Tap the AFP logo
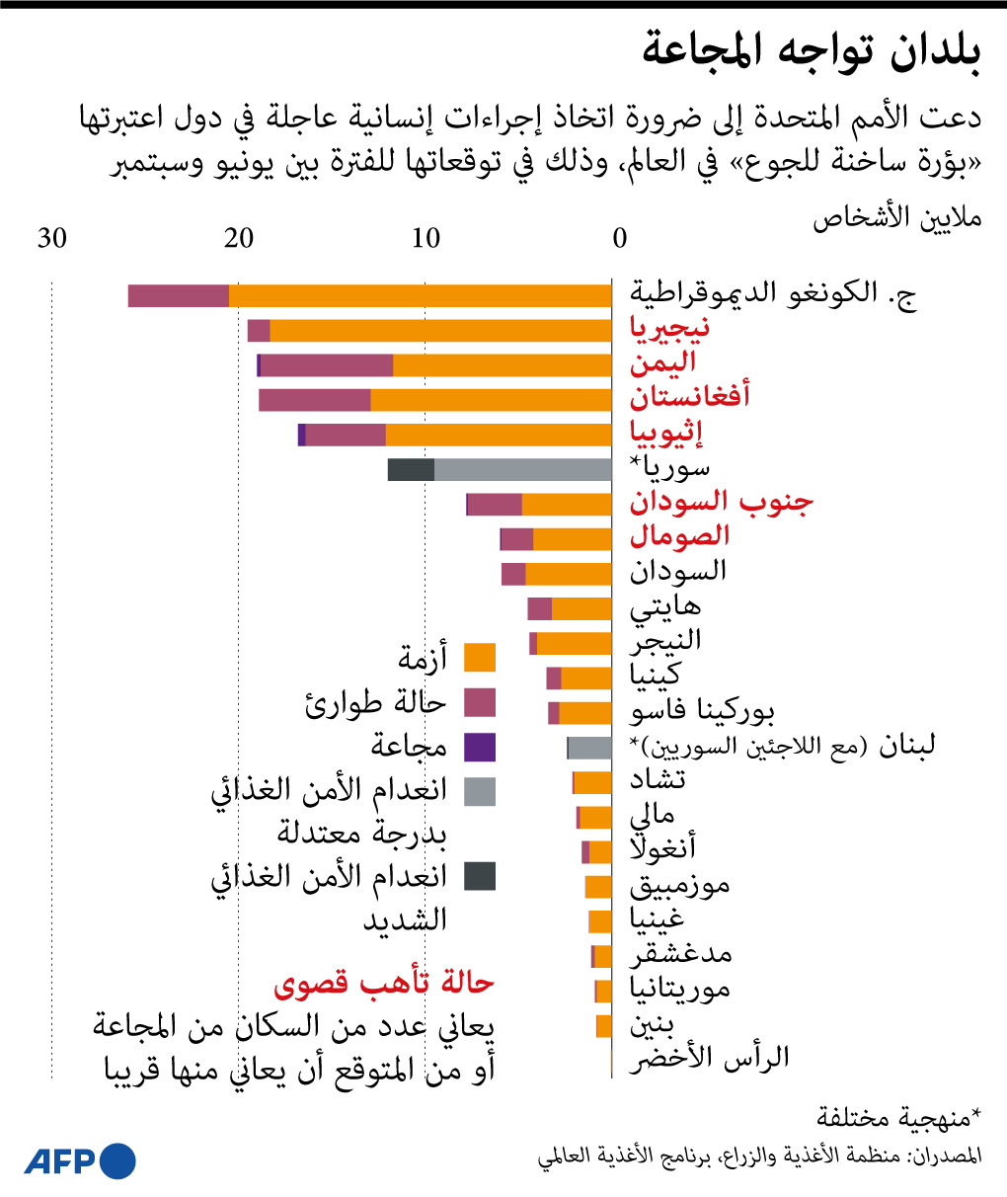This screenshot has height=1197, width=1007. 80,1161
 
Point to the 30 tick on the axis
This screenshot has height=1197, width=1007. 52,239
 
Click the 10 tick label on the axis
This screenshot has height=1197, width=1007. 426,239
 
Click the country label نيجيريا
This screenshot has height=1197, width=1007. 669,328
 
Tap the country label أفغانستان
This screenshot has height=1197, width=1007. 690,397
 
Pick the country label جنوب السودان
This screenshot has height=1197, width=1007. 722,502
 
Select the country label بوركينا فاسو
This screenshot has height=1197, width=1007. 702,711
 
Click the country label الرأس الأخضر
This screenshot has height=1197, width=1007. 710,1058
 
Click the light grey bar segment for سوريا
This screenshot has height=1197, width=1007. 522,470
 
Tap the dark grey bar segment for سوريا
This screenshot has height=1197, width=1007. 411,470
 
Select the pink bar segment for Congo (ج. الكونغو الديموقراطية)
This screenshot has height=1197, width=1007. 178,295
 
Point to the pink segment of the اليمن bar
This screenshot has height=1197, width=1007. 327,365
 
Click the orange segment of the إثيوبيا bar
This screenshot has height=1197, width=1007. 498,435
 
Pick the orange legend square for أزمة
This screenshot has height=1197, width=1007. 480,658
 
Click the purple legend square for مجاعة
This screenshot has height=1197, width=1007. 480,747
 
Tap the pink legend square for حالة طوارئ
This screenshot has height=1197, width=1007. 480,702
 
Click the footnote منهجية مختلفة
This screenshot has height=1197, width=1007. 898,1117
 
